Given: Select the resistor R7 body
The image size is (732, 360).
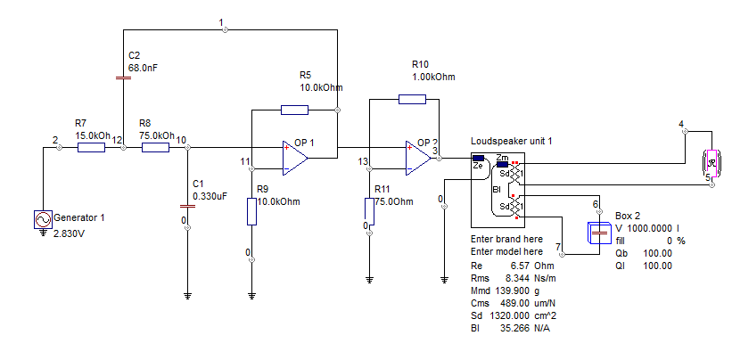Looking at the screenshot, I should coord(91,147).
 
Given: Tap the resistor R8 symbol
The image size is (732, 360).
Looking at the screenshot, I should coord(155,147).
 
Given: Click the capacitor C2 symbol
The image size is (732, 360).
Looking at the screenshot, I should coord(124,77).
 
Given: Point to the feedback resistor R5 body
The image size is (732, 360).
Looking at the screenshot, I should coord(294,110).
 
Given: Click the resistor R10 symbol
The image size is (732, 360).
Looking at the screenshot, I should coord(412,99).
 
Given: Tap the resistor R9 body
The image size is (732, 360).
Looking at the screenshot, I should coord(252,211).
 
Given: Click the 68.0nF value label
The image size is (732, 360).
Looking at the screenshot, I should coord(144,67).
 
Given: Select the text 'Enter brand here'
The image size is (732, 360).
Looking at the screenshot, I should coord(506,240).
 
